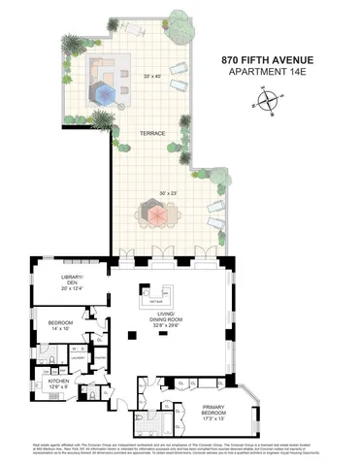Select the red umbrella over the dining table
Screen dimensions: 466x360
coord(155,210)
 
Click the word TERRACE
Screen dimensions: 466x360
coord(151,133)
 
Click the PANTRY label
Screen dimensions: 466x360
coord(100,356)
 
